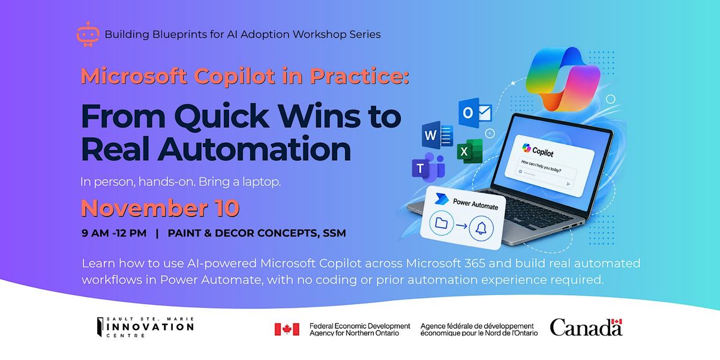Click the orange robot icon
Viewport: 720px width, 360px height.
pos(88,34)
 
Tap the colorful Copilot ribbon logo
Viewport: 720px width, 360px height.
pos(563,79)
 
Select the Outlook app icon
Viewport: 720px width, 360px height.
pos(475,113)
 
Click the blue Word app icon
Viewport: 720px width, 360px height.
pos(437,135)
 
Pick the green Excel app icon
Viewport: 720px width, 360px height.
pos(470,151)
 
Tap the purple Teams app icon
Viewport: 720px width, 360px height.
pos(428,167)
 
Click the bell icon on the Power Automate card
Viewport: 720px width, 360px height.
pos(481,229)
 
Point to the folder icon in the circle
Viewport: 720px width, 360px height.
pos(442,223)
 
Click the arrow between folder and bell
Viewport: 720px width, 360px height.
pos(461,226)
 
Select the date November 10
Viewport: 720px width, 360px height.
pos(160,208)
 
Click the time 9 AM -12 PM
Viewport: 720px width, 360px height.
pos(114,233)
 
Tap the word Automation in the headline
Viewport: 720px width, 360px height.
pos(254,149)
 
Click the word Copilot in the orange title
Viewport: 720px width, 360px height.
pos(235,76)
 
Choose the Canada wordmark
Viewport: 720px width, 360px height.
pos(586,327)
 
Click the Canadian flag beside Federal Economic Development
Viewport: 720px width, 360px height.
pos(287,329)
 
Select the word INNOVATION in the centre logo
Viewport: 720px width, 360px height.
pos(150,327)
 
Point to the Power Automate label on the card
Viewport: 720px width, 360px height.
pos(475,204)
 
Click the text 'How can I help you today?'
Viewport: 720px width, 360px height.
pos(541,166)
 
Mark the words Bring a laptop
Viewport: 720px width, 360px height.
pos(239,182)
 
